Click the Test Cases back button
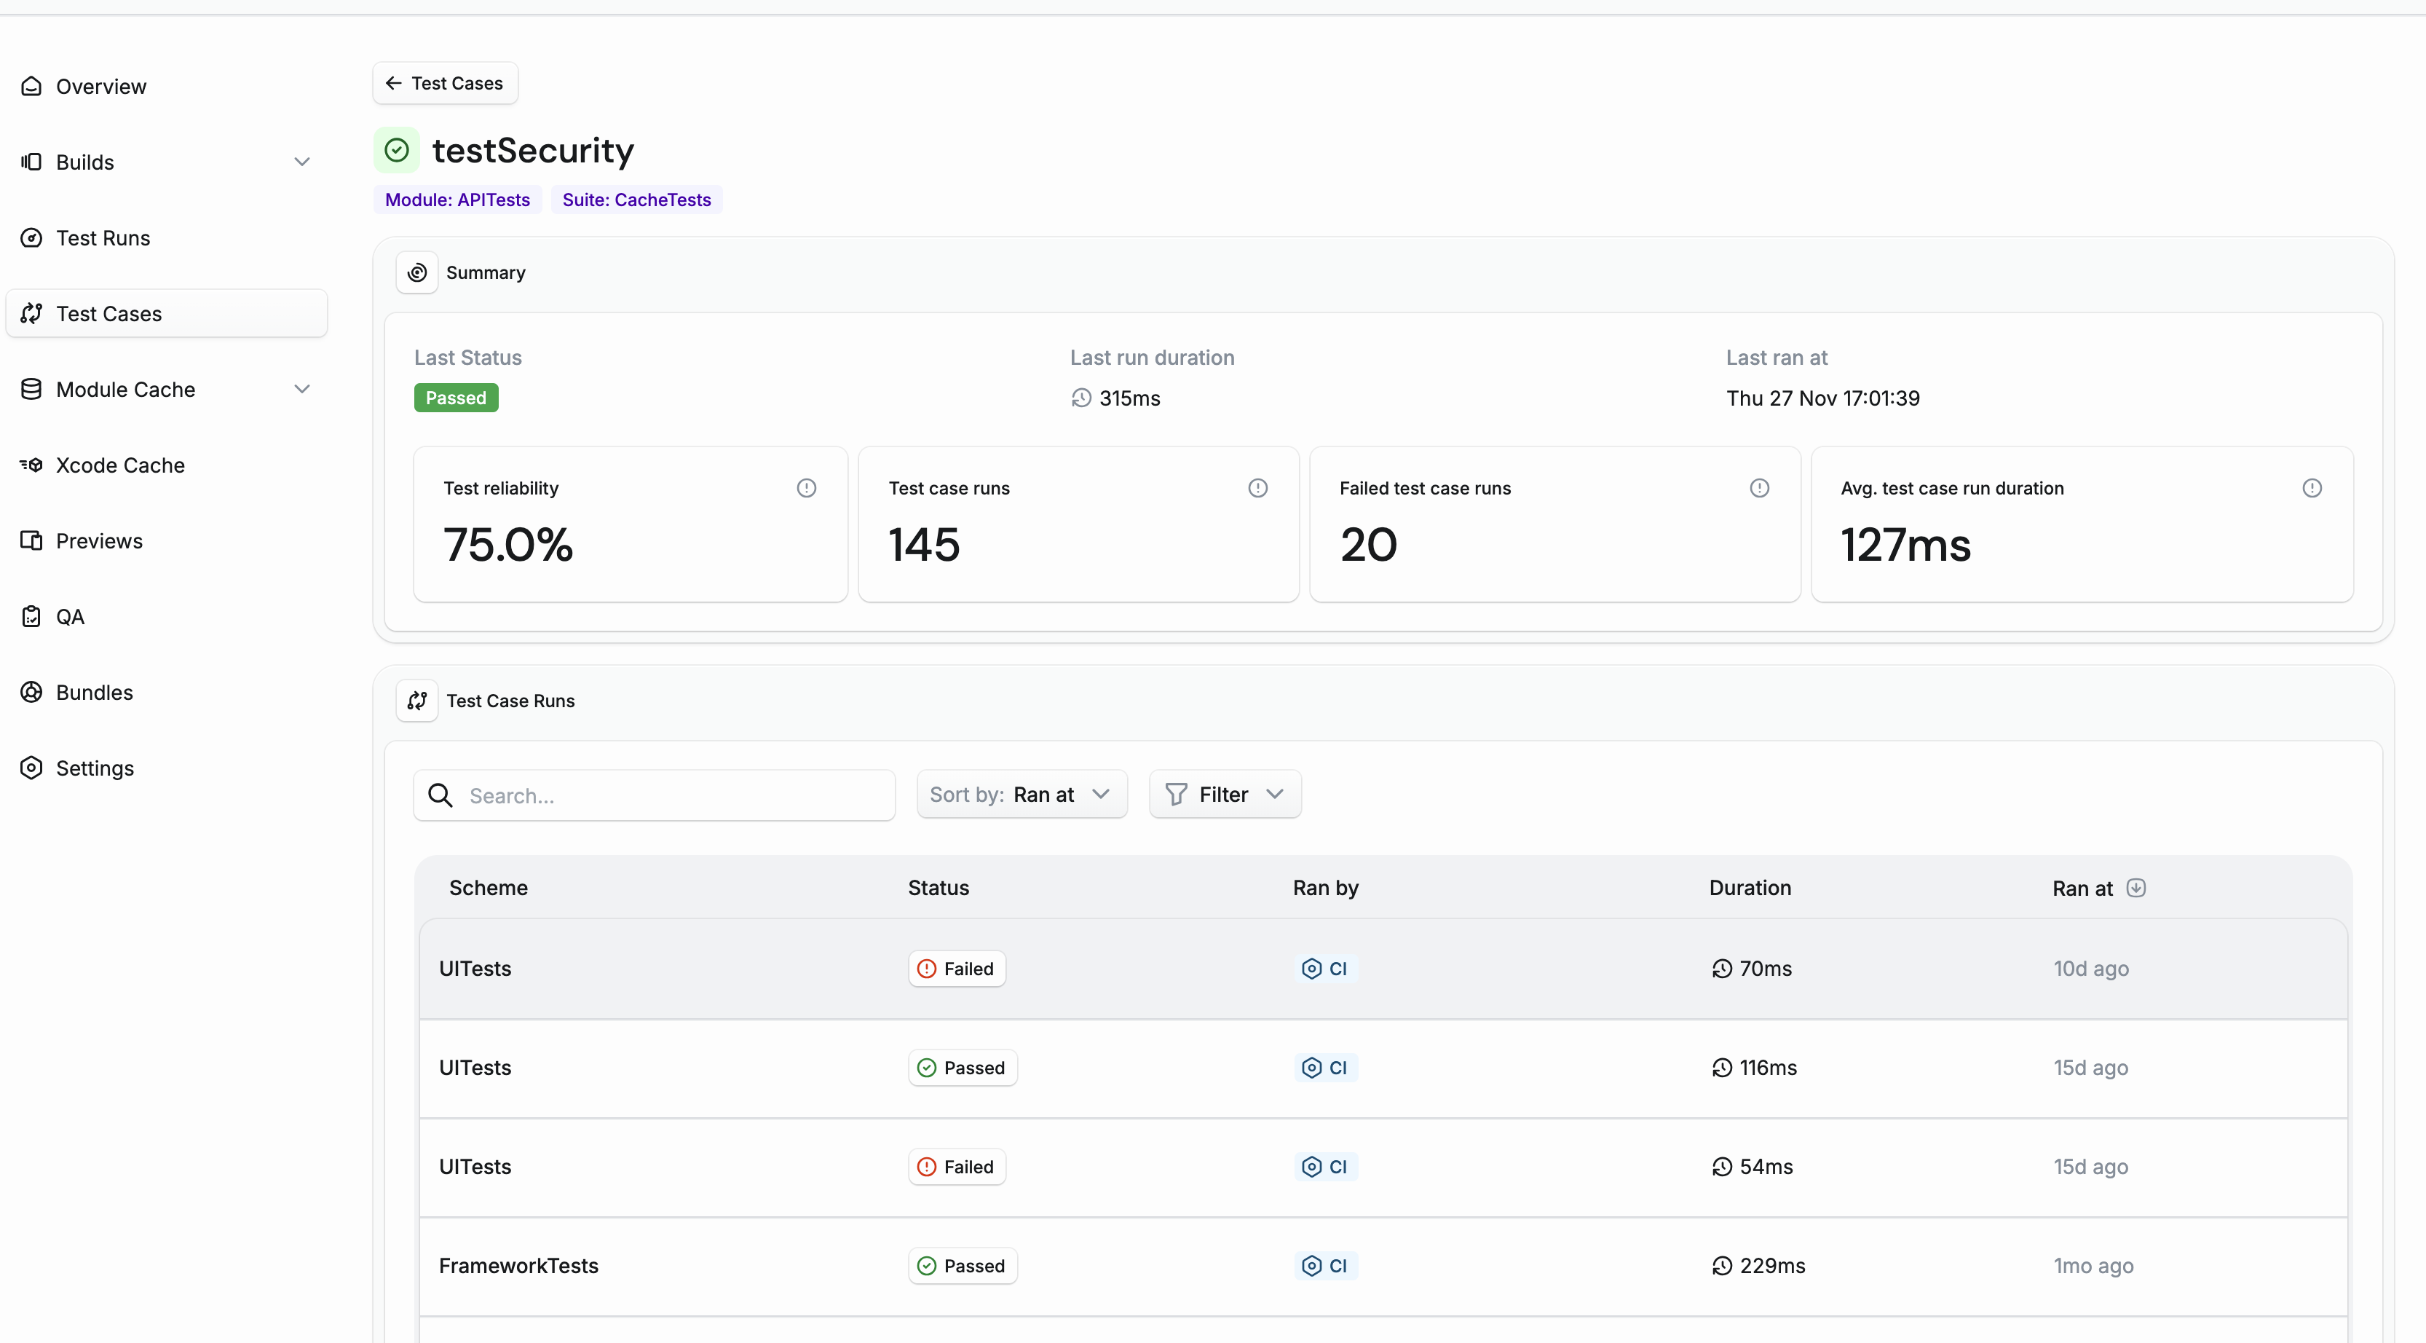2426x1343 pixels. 445,83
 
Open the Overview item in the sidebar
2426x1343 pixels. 100,87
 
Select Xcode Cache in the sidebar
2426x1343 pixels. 119,465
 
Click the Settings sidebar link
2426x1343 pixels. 94,768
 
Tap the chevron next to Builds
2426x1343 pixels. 301,162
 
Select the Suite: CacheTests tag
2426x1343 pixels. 636,200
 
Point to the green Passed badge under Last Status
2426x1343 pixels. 456,398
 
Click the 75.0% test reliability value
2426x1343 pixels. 507,544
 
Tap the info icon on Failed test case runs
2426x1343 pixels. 1758,488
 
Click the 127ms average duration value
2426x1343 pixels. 1905,544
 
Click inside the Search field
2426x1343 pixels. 673,796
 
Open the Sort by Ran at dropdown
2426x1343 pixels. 1021,795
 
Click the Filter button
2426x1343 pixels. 1225,795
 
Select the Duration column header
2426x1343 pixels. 1749,888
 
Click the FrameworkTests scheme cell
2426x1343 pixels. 518,1266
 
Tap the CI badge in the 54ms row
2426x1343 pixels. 1324,1167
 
